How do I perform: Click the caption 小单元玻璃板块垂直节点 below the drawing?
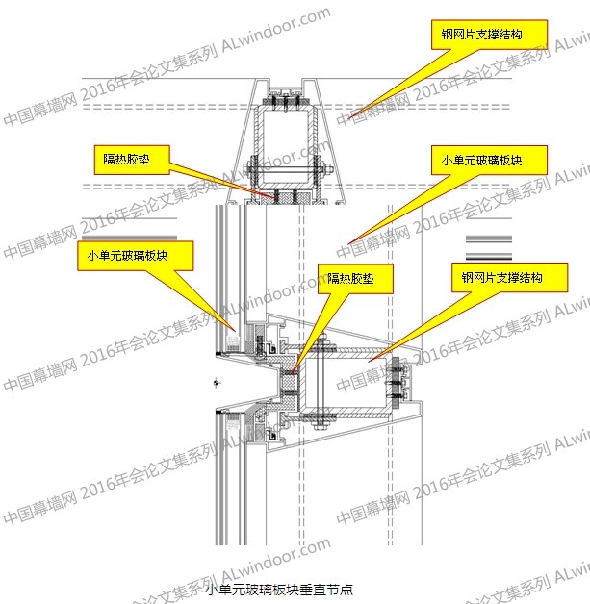279,589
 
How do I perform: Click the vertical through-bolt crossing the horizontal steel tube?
321,382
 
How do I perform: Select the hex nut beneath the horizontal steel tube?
321,425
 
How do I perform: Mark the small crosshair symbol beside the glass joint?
217,383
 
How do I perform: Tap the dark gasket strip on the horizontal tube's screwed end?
396,383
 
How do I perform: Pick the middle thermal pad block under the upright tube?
286,197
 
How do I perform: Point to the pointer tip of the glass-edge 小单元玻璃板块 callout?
236,331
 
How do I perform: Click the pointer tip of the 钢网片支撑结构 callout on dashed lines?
347,117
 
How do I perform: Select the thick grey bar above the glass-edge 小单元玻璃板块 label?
130,238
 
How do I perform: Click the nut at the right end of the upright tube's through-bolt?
328,169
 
